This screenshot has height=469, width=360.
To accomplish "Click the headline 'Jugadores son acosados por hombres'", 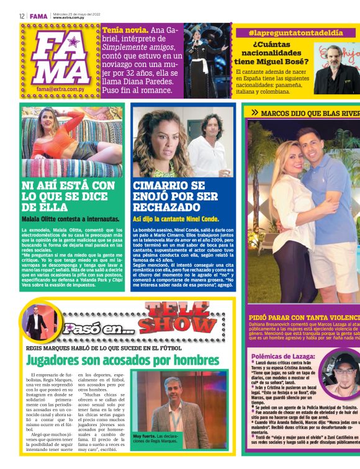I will tap(123, 359).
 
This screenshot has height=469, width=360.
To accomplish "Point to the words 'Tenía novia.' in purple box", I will tap(125, 30).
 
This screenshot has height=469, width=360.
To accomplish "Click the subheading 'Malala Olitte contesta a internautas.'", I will tap(70, 219).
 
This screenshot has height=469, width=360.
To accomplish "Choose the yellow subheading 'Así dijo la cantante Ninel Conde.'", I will tap(176, 219).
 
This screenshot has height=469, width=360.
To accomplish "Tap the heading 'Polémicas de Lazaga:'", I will tap(282, 356).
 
